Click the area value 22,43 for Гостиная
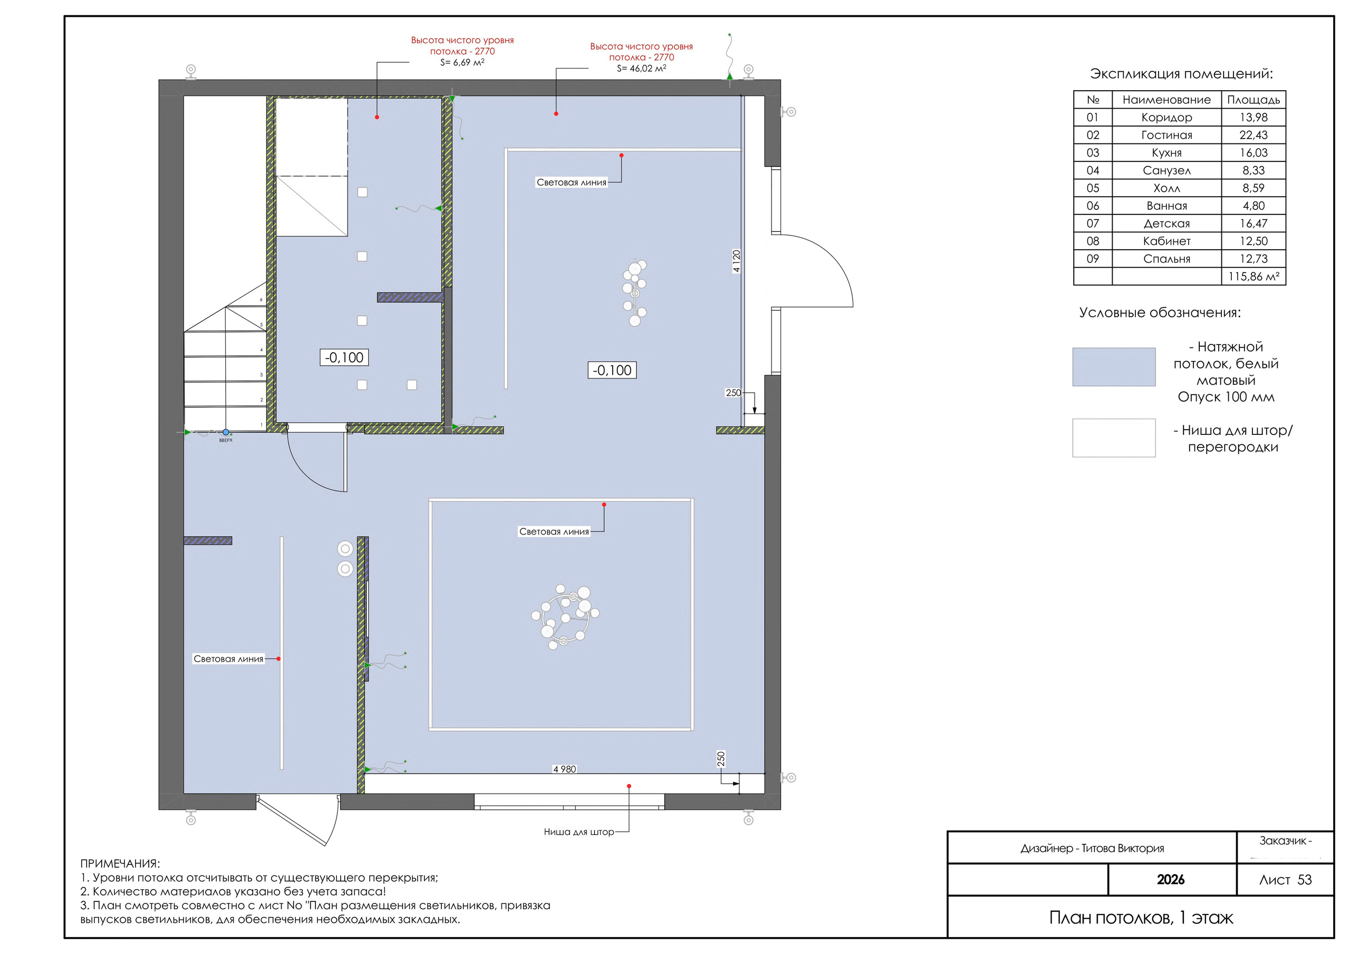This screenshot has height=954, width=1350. click(1253, 135)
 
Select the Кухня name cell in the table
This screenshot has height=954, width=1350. click(1166, 153)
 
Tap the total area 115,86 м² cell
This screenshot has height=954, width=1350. click(1253, 276)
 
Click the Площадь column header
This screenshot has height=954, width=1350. click(1253, 100)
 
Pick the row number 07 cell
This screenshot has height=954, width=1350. click(1093, 223)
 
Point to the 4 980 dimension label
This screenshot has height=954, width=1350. click(564, 769)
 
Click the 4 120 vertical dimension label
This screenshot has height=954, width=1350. click(737, 261)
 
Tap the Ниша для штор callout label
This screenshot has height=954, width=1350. click(578, 832)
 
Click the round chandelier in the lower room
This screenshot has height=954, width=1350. click(565, 617)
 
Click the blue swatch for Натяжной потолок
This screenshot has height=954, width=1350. click(1114, 367)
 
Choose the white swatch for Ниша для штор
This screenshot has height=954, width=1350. click(1114, 438)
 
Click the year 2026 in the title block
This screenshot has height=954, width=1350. click(1171, 879)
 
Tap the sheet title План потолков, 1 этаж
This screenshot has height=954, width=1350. click(1141, 918)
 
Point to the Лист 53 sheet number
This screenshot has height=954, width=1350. click(1285, 880)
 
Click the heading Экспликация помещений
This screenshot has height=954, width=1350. click(1181, 74)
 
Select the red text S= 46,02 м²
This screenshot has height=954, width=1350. click(641, 68)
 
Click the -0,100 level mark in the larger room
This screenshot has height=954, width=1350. click(612, 371)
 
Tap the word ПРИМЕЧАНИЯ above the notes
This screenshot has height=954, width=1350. click(120, 863)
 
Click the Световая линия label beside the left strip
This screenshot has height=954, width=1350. click(228, 659)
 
